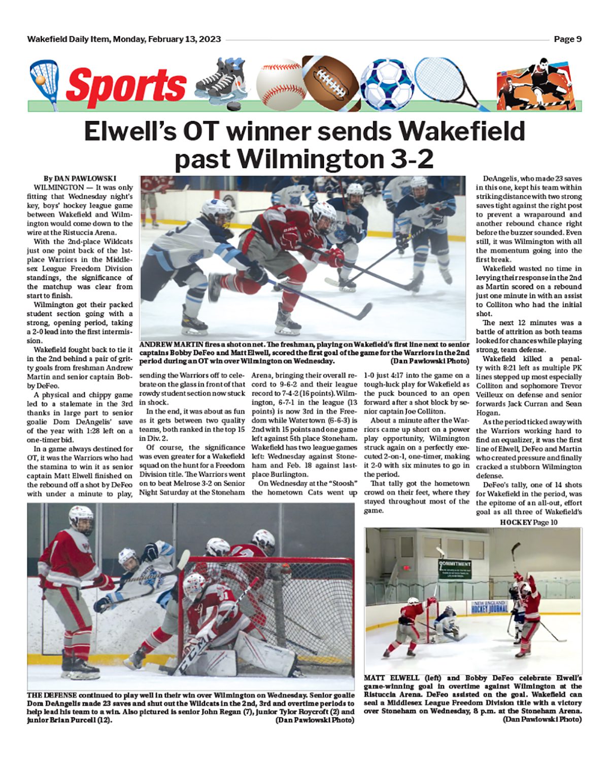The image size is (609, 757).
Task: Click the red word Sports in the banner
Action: click(126, 84)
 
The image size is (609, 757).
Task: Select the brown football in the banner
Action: click(331, 81)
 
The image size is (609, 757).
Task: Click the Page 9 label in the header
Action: click(567, 39)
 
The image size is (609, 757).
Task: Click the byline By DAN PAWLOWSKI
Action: click(80, 178)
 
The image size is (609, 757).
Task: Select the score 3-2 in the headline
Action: click(408, 159)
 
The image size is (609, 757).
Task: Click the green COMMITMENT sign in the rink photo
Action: click(455, 568)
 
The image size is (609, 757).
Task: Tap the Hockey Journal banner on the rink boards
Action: click(489, 606)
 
